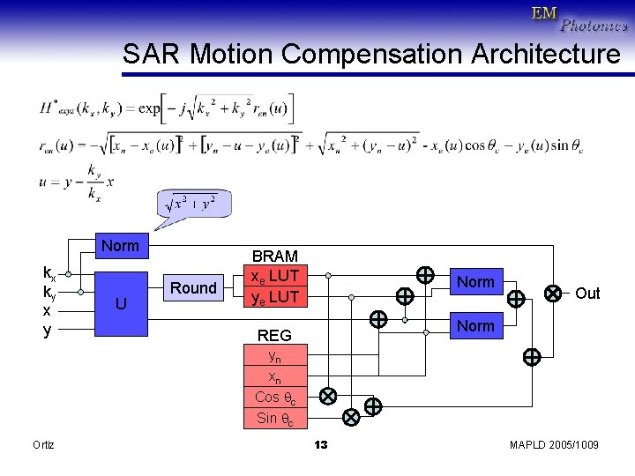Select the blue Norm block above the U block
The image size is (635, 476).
120,246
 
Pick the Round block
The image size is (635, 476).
193,288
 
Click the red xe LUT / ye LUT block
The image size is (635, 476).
275,286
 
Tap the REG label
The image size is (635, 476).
274,335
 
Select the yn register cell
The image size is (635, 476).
275,356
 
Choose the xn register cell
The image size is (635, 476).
275,377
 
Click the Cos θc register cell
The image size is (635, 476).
275,398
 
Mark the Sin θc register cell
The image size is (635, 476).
275,418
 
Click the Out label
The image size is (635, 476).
586,294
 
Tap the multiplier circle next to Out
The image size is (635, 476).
553,292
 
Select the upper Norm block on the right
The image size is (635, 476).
476,282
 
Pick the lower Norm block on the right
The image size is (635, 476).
476,326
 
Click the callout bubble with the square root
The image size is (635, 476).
191,204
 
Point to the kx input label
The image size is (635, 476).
50,272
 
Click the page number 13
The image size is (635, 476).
321,444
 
